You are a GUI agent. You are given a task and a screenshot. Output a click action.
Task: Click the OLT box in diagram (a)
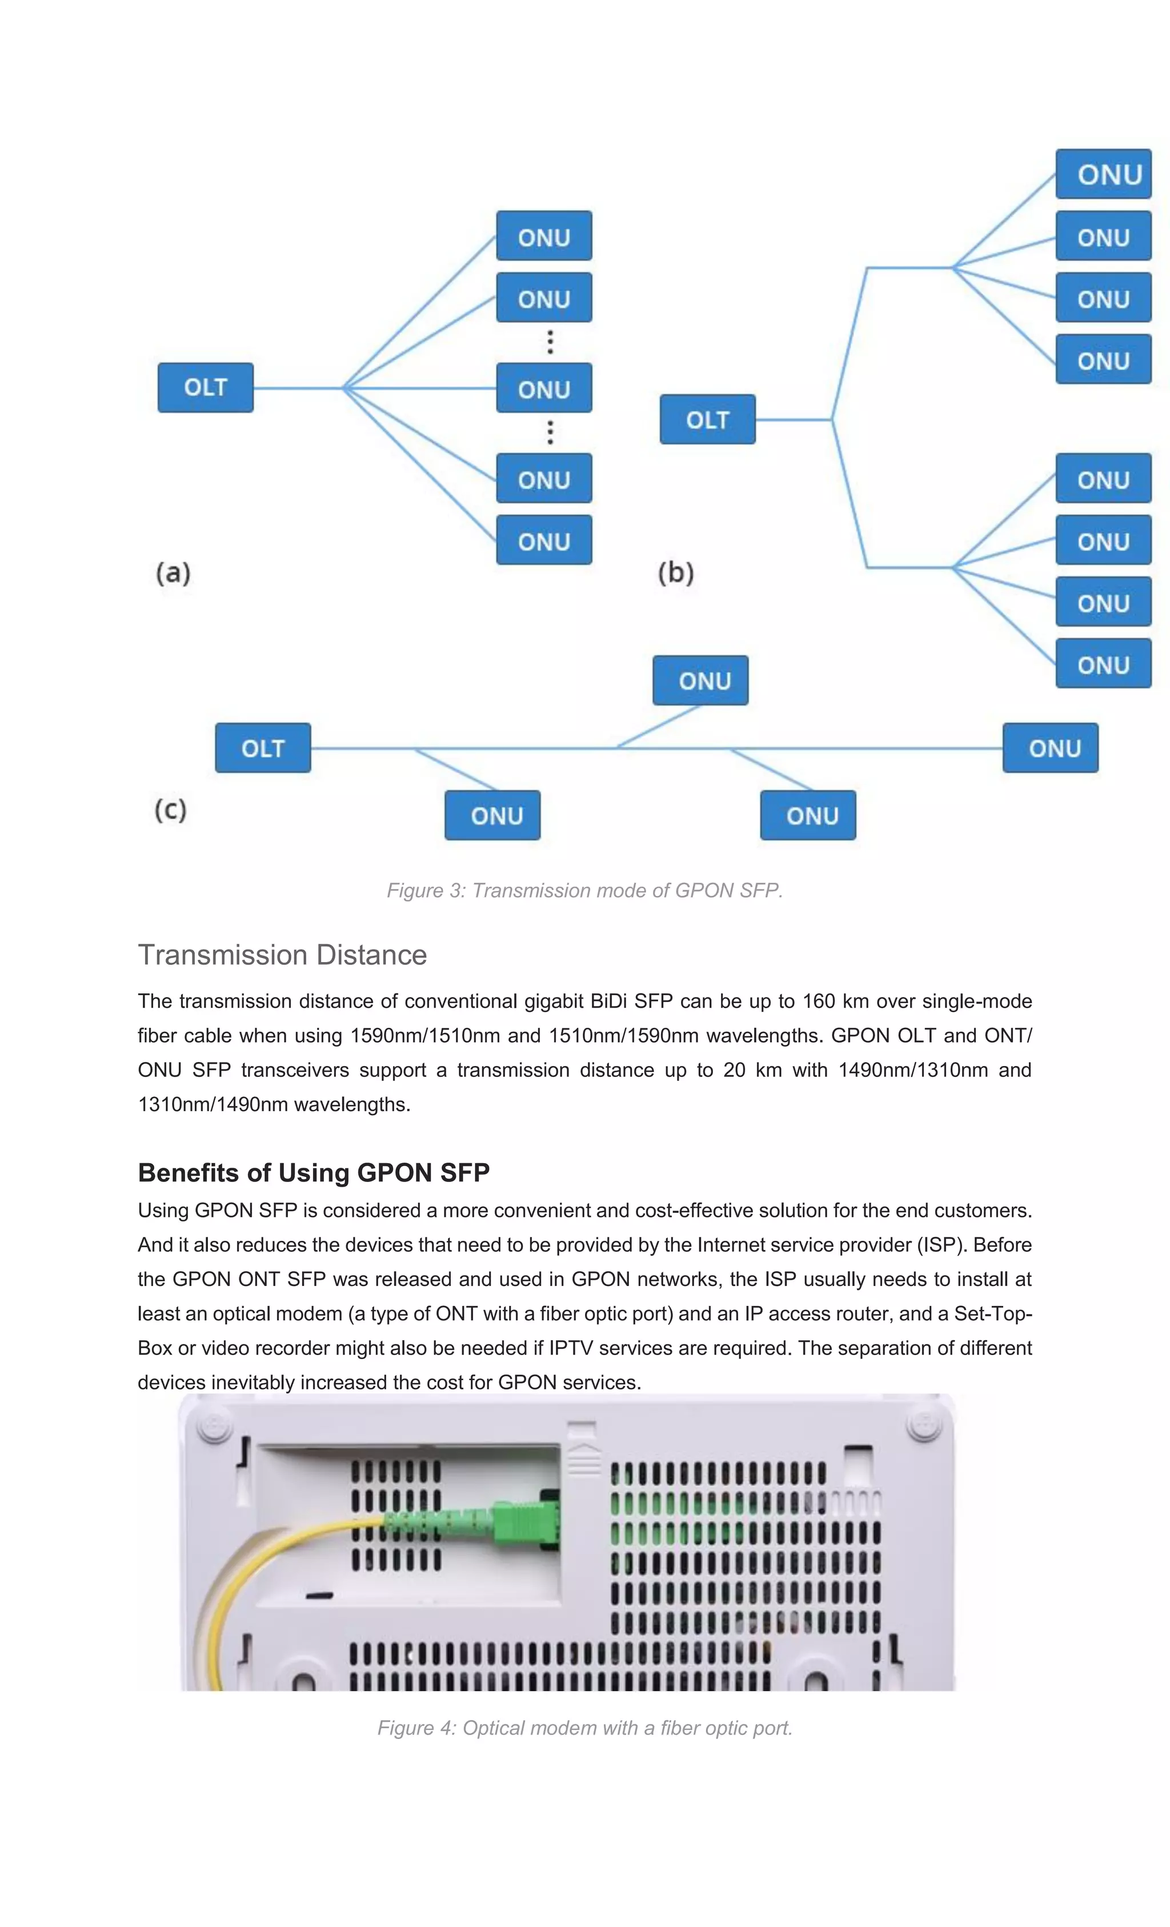tap(205, 387)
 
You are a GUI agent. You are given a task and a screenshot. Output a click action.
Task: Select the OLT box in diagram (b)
tap(707, 419)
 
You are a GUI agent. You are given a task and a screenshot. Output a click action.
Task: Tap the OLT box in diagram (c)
tap(263, 748)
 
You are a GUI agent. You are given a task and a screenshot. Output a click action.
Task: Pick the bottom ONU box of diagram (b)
tap(1103, 663)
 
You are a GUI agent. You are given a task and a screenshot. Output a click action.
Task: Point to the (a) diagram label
tap(173, 572)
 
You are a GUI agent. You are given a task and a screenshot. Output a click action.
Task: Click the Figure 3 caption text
tap(584, 890)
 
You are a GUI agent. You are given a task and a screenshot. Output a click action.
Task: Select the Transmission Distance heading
tap(282, 955)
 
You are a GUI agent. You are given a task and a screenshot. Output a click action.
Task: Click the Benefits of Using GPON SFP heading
tap(314, 1172)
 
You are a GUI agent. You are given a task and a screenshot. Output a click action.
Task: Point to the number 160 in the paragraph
tap(819, 1001)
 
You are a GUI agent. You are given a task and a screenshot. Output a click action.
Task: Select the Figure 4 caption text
tap(584, 1728)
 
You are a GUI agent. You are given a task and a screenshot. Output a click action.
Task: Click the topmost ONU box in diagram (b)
tap(1103, 174)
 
